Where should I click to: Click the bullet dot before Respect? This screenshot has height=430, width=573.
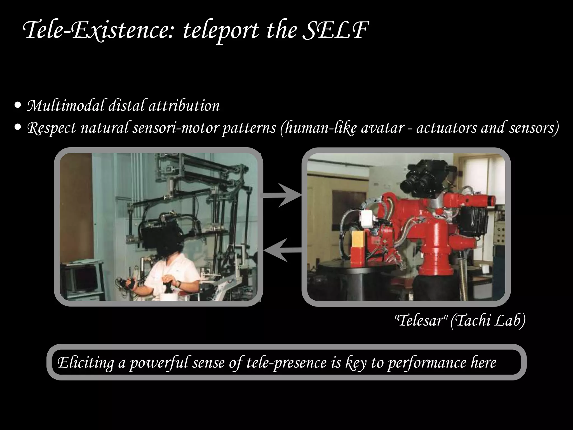[x=18, y=128]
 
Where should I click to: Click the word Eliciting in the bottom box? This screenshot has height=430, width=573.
[x=85, y=363]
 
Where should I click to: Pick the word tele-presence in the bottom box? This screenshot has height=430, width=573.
[x=286, y=363]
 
